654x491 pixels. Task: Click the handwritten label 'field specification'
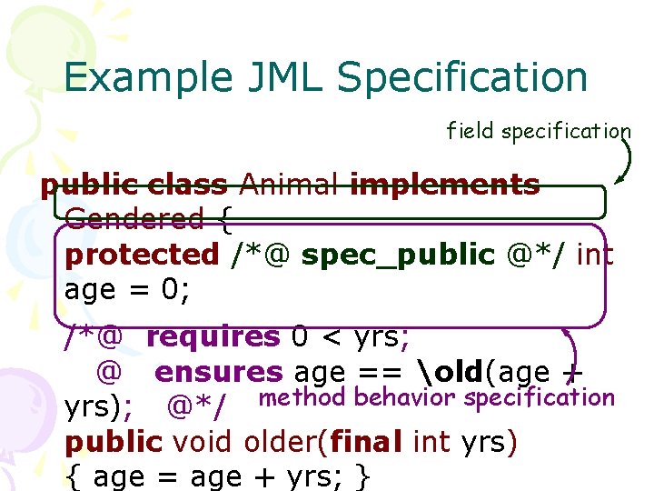pyautogui.click(x=538, y=131)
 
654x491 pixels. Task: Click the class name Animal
pyautogui.click(x=288, y=185)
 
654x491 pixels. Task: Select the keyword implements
pyautogui.click(x=444, y=185)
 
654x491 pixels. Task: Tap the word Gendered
pyautogui.click(x=134, y=219)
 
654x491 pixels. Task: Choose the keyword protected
pyautogui.click(x=142, y=256)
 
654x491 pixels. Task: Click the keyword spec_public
pyautogui.click(x=398, y=256)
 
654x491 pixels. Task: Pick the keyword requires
pyautogui.click(x=214, y=337)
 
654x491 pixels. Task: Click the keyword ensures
pyautogui.click(x=219, y=372)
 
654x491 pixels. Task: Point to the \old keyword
pyautogui.click(x=452, y=372)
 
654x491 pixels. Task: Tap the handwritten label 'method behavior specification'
pyautogui.click(x=437, y=397)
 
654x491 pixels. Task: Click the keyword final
pyautogui.click(x=367, y=443)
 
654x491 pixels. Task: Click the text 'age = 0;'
pyautogui.click(x=125, y=291)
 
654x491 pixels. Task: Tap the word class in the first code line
pyautogui.click(x=186, y=185)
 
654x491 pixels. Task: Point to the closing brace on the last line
pyautogui.click(x=363, y=477)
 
